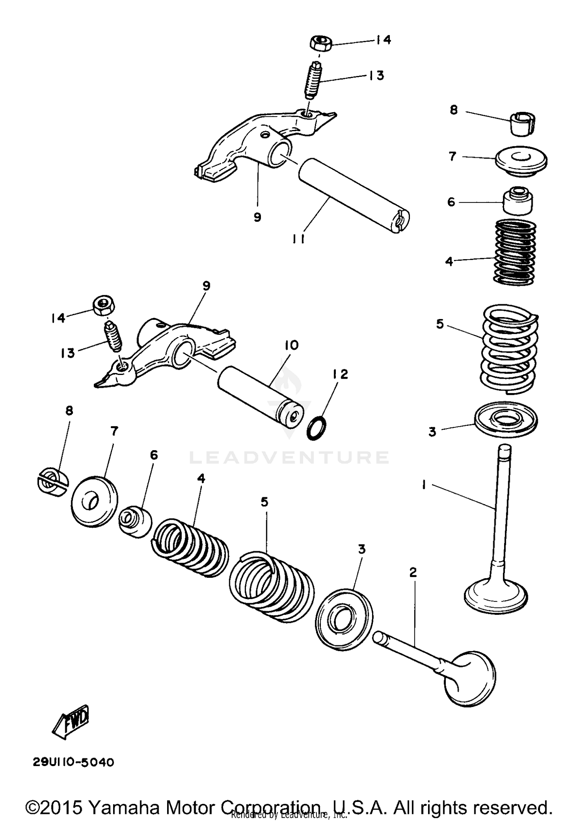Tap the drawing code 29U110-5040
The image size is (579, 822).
(x=73, y=763)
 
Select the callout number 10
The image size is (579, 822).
(x=292, y=345)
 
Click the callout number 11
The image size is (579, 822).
(x=298, y=239)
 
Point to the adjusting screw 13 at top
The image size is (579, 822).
(x=313, y=81)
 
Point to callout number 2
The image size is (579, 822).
(x=413, y=573)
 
